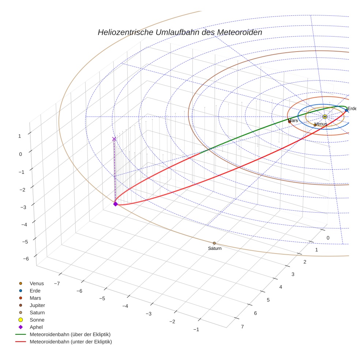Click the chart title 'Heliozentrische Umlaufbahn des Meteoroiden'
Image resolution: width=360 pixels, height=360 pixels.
pyautogui.click(x=180, y=32)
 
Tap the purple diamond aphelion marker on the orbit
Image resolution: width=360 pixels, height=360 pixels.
pyautogui.click(x=116, y=204)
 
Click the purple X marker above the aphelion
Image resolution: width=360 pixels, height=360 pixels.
pyautogui.click(x=114, y=139)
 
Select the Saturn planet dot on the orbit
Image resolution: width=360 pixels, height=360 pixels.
pyautogui.click(x=214, y=243)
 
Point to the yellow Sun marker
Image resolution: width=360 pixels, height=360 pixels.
pyautogui.click(x=325, y=116)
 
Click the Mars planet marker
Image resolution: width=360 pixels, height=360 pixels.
pyautogui.click(x=289, y=122)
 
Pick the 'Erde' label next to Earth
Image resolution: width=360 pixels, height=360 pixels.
pyautogui.click(x=352, y=109)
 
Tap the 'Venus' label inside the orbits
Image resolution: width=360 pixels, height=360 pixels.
pyautogui.click(x=321, y=124)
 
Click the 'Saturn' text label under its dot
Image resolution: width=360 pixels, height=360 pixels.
pyautogui.click(x=215, y=248)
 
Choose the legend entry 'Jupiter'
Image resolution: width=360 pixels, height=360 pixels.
pyautogui.click(x=37, y=305)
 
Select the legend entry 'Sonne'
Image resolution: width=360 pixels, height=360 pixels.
pyautogui.click(x=37, y=320)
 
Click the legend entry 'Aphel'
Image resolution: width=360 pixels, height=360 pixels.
pyautogui.click(x=36, y=327)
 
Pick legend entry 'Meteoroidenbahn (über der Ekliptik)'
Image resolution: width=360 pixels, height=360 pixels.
pyautogui.click(x=70, y=334)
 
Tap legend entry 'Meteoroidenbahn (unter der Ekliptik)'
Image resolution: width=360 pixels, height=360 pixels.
pyautogui.click(x=71, y=342)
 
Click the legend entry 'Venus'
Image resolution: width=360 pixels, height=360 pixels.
pyautogui.click(x=37, y=283)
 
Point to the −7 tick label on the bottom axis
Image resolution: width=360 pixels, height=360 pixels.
pyautogui.click(x=57, y=284)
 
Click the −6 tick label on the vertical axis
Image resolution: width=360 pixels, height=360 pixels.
pyautogui.click(x=26, y=259)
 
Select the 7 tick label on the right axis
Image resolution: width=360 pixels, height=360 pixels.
pyautogui.click(x=242, y=327)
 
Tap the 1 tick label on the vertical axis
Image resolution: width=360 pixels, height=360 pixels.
pyautogui.click(x=20, y=136)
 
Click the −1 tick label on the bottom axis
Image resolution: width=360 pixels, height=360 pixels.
pyautogui.click(x=196, y=329)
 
